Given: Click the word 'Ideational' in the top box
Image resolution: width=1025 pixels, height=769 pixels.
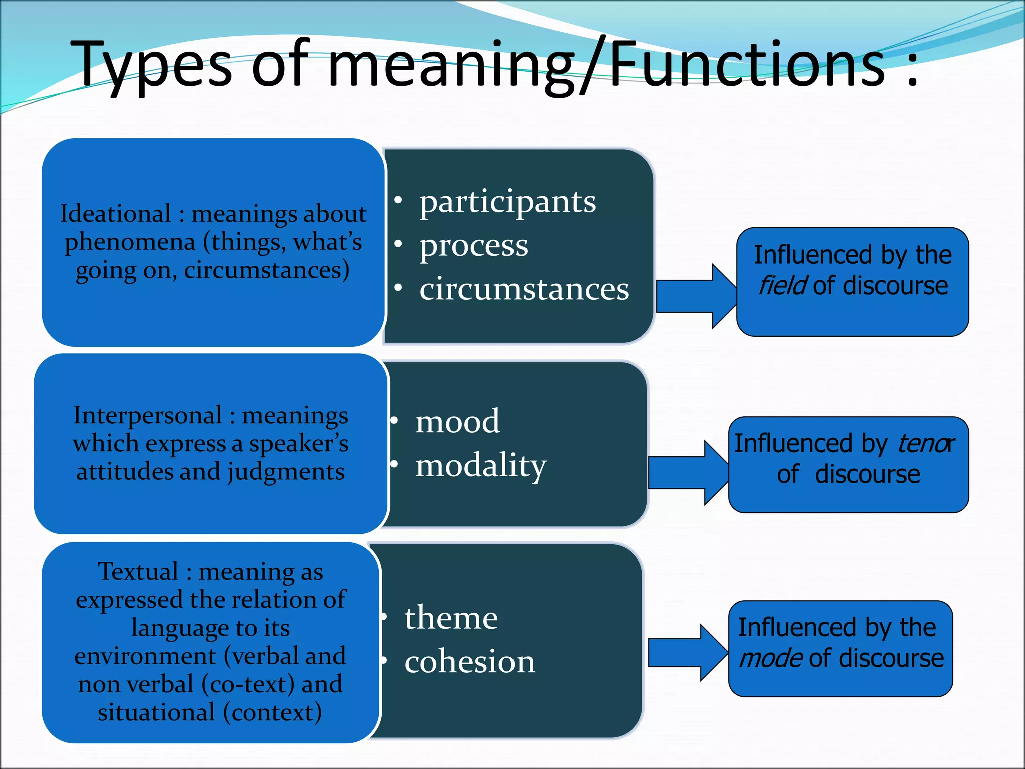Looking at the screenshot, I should point(116,214).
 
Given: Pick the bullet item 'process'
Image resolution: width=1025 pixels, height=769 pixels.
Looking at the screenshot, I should point(473,246).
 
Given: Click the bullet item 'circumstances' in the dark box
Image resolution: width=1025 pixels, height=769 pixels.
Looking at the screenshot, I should point(524,289).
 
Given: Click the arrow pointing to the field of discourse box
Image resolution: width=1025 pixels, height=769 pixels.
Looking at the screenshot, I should point(696,296).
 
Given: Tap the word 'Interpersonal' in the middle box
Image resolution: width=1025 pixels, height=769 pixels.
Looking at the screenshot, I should point(148,415).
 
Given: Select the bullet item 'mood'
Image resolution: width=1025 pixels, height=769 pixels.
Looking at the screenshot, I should point(457,421).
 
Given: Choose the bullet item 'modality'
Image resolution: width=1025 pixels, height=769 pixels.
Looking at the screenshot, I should point(480,465).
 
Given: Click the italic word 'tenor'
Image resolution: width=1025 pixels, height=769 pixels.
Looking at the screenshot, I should point(925,444).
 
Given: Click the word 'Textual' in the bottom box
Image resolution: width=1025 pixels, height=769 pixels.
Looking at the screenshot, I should point(138,571).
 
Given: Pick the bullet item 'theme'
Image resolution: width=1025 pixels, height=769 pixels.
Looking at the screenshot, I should point(451,618).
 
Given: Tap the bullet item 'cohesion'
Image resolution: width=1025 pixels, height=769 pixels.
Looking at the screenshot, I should point(469,661).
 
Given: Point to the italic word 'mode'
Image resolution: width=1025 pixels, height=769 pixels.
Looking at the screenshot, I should point(771,658).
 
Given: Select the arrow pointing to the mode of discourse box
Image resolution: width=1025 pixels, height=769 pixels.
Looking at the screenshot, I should point(687,653).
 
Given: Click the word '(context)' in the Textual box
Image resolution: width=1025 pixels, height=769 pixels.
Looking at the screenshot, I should point(272,712).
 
